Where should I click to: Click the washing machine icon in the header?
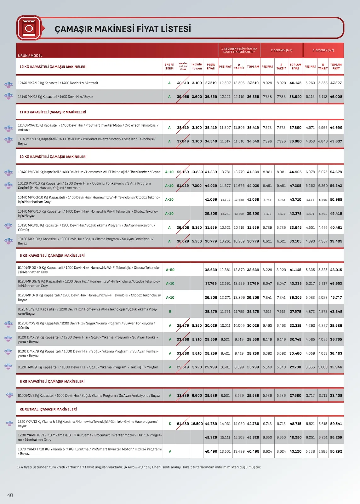coord(29,28)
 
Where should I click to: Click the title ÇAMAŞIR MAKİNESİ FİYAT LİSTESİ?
coord(123,29)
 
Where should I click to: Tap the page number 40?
coord(10,495)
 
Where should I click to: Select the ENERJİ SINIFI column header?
coord(169,66)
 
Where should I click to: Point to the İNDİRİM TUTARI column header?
coord(197,66)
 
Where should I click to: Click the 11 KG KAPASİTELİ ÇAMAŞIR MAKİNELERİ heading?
coord(53,112)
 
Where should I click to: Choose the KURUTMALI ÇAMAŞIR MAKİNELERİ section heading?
coord(48,409)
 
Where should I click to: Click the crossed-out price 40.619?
coord(183,83)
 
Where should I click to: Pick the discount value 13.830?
coord(197,172)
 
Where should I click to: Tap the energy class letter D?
coord(170,424)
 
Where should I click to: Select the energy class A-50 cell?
coord(170,270)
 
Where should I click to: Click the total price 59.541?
coord(336,424)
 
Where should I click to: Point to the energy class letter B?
coord(170,312)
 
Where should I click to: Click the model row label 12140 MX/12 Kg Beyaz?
coord(55,97)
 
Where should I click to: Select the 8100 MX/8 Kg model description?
coord(89,395)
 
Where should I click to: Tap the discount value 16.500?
coord(197,424)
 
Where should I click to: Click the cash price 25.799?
coord(211,367)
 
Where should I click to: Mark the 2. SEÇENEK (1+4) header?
coord(282,50)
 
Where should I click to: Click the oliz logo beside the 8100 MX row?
coord(9,395)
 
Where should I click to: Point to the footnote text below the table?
coord(139,467)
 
